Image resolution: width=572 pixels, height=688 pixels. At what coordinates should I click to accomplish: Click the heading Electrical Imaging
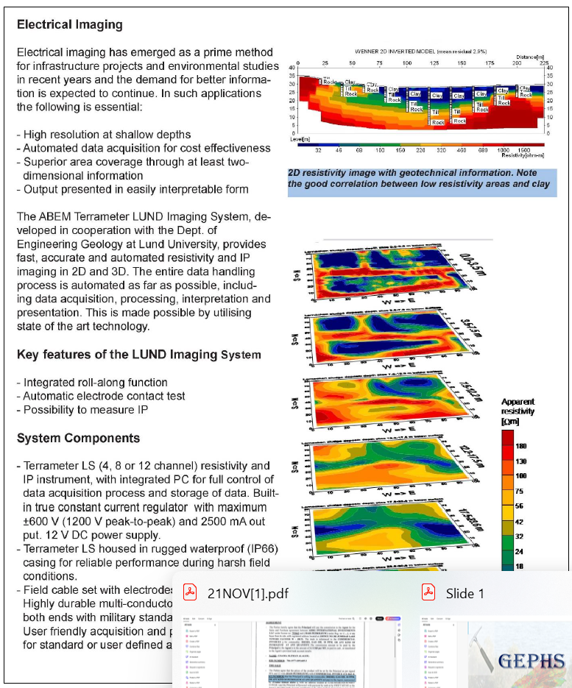pos(69,24)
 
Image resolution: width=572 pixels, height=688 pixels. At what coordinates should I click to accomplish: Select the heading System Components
pos(78,438)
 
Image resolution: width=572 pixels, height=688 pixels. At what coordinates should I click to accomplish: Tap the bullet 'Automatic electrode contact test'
pos(104,396)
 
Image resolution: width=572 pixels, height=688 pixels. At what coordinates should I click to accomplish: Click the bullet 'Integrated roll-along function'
pos(95,383)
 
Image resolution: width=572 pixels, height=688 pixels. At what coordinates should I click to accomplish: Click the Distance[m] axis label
pos(529,57)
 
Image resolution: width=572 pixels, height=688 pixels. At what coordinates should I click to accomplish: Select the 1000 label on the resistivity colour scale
pos(504,150)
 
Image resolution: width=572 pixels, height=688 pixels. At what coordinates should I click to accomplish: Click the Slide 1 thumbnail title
pos(465,593)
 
